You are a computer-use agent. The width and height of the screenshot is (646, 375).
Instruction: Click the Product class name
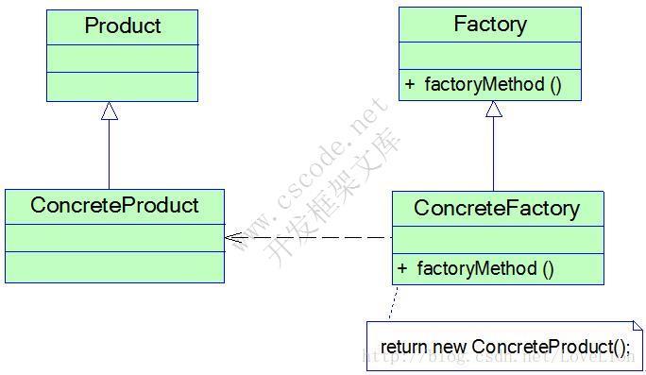pos(123,26)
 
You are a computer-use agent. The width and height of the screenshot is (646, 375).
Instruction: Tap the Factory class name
pos(489,25)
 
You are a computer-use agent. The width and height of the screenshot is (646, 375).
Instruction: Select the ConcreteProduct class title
pos(114,205)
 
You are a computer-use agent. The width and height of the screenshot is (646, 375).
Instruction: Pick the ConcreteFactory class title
pos(497,207)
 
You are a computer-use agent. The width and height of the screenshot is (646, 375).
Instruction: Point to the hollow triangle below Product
pos(110,111)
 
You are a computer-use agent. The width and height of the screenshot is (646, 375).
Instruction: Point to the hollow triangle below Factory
pos(493,110)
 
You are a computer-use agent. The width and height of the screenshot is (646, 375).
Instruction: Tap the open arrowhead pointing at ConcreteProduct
pos(232,237)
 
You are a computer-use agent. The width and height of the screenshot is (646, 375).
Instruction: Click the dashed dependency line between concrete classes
pos(312,237)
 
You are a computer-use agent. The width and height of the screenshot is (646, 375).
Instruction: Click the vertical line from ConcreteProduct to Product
pos(110,156)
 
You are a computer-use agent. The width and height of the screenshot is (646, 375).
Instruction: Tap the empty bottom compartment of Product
pos(123,86)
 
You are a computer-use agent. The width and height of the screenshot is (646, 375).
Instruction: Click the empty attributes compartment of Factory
pos(489,55)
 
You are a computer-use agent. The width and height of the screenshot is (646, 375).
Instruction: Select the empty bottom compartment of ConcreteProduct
pos(114,266)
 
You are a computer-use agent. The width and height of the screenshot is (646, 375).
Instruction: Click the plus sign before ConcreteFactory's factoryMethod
pos(402,268)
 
